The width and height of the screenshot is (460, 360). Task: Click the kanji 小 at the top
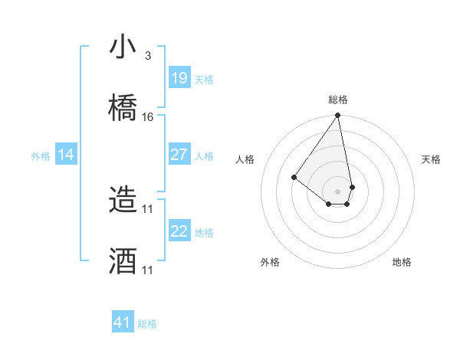tap(123, 47)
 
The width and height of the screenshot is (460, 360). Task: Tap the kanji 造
tap(123, 201)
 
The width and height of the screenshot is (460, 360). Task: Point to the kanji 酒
tap(123, 260)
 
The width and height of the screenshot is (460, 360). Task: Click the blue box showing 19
tap(179, 78)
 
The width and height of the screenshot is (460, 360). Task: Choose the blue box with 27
tap(179, 155)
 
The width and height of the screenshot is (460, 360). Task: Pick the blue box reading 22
tap(179, 231)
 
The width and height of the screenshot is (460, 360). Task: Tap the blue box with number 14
tap(66, 155)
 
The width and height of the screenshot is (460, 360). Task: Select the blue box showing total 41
tap(123, 322)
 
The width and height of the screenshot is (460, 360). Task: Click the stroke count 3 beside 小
tap(147, 56)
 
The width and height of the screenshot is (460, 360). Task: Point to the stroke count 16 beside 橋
tap(148, 117)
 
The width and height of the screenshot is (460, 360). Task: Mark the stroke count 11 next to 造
tap(148, 208)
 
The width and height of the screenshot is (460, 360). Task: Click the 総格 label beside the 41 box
tap(147, 324)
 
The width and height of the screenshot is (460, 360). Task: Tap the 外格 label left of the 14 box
tap(41, 156)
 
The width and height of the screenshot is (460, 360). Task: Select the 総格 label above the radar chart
tap(337, 100)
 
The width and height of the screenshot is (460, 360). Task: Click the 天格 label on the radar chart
tap(431, 159)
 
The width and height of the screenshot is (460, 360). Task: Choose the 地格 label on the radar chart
tap(402, 262)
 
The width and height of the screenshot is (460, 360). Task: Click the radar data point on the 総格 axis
tap(337, 116)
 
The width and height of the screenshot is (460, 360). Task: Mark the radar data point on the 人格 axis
tap(294, 178)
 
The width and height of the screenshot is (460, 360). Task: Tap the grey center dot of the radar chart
tap(337, 191)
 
